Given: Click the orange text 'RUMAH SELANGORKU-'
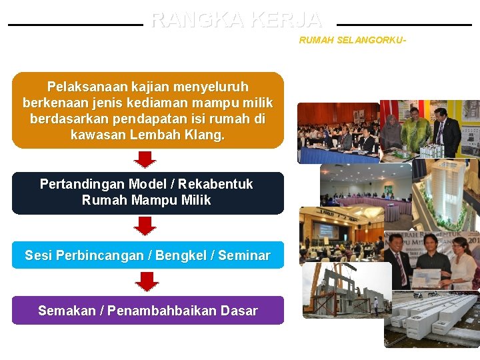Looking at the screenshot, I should [352, 41].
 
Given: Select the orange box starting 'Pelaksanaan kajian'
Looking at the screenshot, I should [147, 110].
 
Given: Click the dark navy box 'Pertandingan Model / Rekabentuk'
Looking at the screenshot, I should [147, 193].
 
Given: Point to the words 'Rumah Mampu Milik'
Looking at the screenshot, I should [146, 201].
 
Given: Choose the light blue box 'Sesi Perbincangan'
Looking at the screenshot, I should [147, 255].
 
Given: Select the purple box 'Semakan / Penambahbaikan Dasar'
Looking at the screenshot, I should [147, 311].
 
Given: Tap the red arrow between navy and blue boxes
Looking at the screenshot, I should [145, 226].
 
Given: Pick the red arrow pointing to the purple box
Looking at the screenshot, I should [147, 281].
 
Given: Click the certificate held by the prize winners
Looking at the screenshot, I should [426, 277].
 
